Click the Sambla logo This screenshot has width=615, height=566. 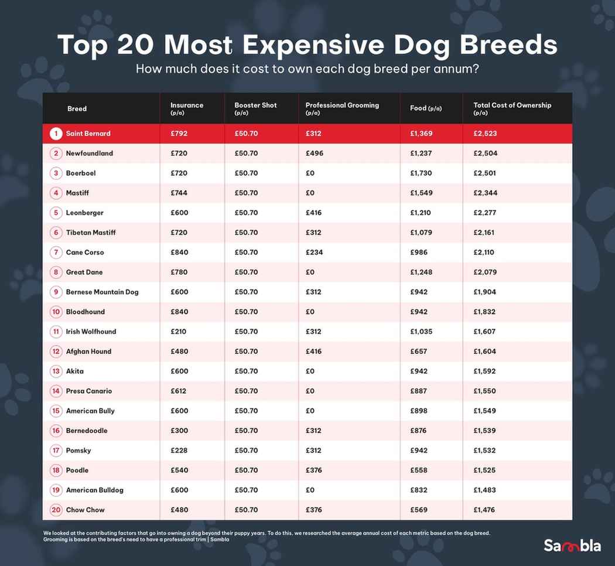pos(572,545)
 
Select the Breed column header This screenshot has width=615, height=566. pos(77,108)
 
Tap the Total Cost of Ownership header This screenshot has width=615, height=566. pos(512,105)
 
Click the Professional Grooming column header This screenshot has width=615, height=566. pos(342,105)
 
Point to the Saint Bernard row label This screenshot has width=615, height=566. pos(88,134)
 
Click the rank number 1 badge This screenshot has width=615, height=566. pos(56,134)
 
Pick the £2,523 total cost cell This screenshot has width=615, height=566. pos(485,134)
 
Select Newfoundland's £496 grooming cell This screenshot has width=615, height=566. pos(314,154)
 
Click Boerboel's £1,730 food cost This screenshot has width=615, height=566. pos(421,173)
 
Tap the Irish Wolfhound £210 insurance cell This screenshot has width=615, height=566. pos(178,332)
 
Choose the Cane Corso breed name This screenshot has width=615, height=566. pos(85,253)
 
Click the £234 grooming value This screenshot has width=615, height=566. pos(314,253)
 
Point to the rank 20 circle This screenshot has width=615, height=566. pos(56,510)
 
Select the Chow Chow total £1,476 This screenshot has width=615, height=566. pos(484,510)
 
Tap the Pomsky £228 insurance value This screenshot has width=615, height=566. pos(179,451)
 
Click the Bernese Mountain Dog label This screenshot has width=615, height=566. pos(102,292)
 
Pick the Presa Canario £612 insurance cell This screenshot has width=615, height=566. pos(179,391)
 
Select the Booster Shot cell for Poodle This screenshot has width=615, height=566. pos(246,470)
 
